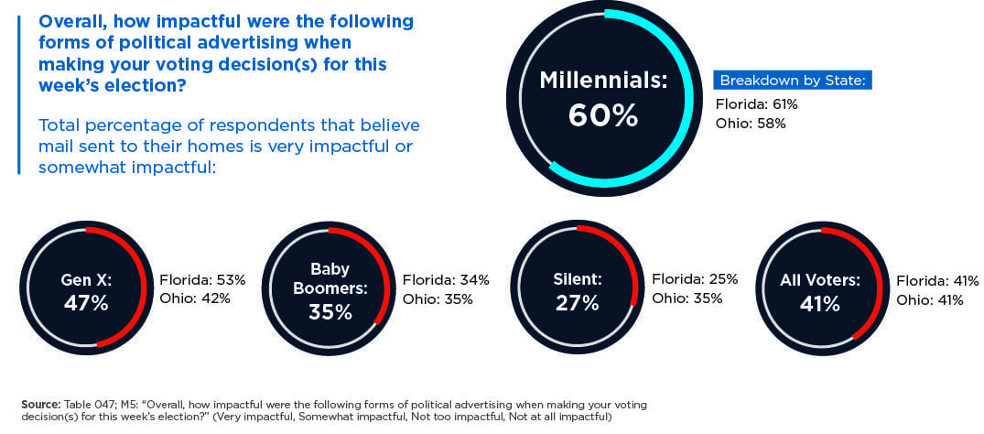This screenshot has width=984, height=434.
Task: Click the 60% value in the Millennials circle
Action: [x=602, y=115]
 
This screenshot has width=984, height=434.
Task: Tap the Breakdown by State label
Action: [x=792, y=80]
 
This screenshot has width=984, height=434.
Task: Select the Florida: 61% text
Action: [x=756, y=104]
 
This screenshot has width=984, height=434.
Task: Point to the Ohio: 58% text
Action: [x=750, y=123]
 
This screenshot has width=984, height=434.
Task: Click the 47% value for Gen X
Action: [x=86, y=303]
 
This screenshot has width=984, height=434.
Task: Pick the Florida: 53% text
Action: [x=195, y=279]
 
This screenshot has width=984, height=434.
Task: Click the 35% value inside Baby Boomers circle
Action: [x=330, y=311]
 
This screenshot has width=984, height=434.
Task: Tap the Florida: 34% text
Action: [x=446, y=279]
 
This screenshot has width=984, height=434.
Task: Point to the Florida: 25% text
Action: [x=694, y=279]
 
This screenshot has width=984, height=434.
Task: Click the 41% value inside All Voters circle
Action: [x=819, y=303]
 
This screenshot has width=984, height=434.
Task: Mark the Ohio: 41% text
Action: [x=930, y=299]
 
